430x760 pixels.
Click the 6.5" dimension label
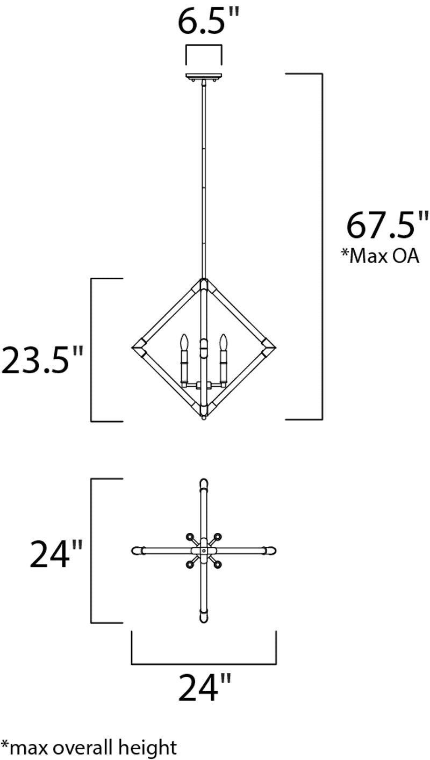[209, 21]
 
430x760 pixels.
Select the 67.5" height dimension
[388, 225]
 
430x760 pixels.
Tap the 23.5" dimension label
[42, 359]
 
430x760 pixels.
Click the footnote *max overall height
[89, 748]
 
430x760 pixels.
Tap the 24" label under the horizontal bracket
[205, 687]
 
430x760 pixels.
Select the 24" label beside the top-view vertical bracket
[56, 554]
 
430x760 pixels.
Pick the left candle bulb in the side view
[184, 342]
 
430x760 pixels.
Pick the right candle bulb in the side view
[223, 342]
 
